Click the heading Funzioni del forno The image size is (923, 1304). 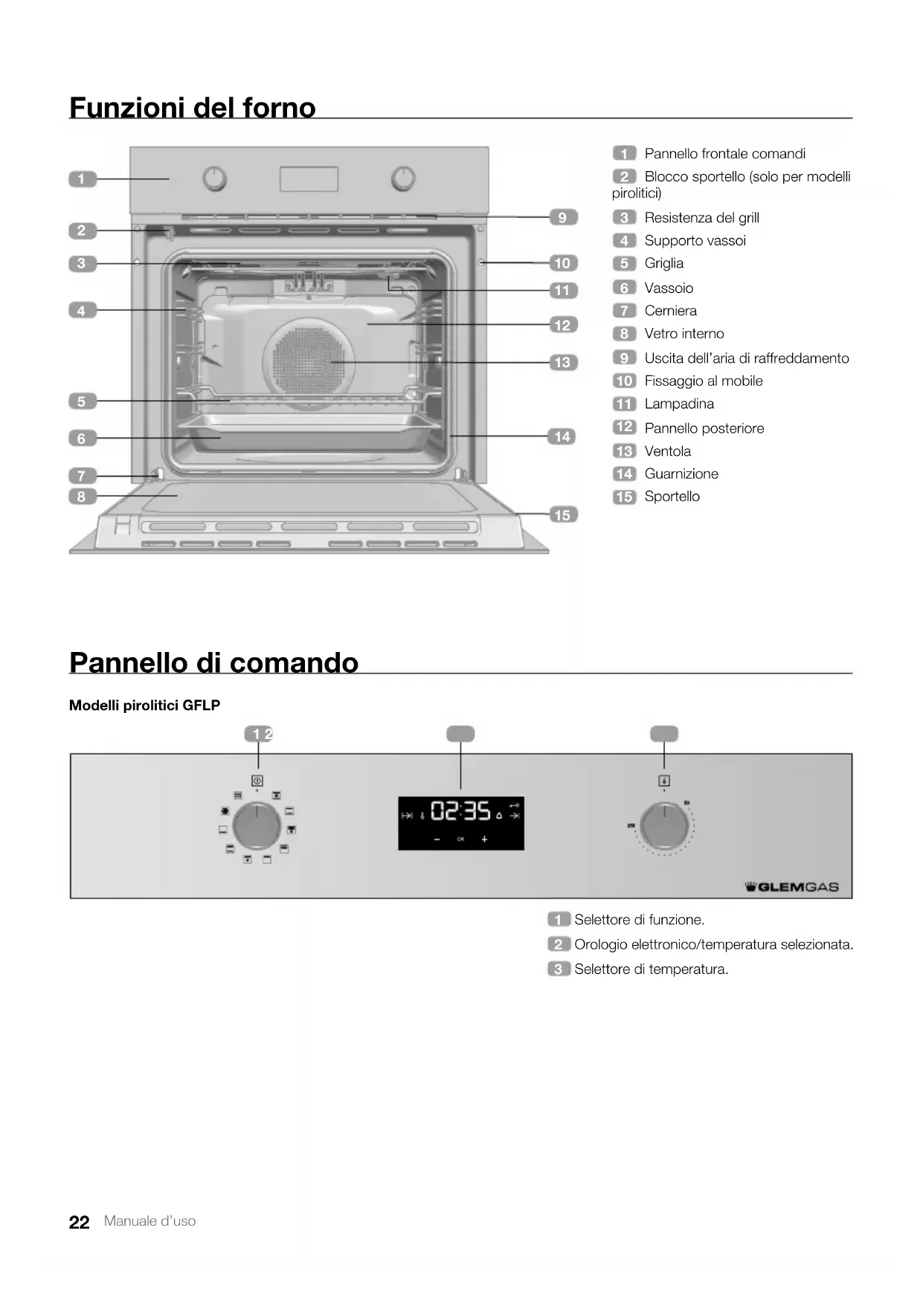coord(192,108)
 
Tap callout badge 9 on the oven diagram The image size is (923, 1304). coord(562,217)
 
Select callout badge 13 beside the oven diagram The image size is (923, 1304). coord(562,362)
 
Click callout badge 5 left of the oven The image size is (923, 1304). coord(82,401)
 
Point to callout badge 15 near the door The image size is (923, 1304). coord(562,514)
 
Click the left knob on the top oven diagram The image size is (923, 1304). coord(215,178)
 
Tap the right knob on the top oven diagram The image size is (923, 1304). coord(403,178)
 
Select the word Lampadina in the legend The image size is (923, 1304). coord(679,404)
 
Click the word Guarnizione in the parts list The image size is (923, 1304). coord(681,474)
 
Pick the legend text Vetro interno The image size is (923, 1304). coord(684,334)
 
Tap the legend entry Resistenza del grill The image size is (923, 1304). coord(701,218)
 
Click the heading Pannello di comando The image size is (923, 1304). coord(213,662)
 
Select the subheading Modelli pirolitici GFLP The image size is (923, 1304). coord(144,705)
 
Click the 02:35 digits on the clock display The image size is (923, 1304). coord(461,810)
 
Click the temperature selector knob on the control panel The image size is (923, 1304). coord(664,825)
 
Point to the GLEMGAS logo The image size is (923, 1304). coord(791,886)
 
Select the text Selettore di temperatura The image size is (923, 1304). coord(651,969)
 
